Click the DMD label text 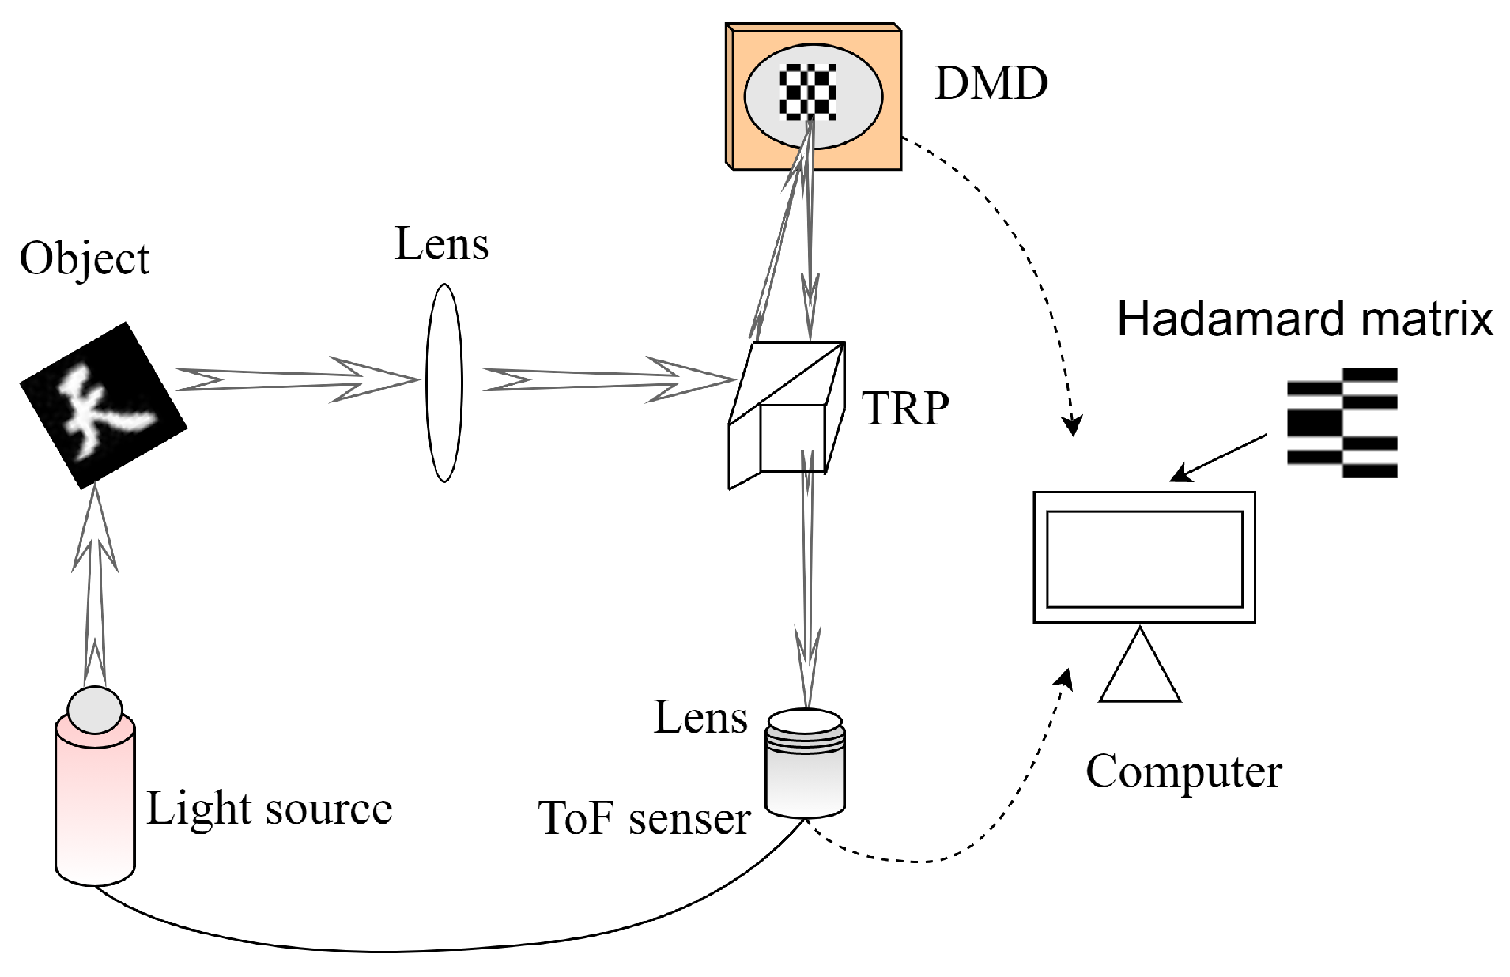(991, 83)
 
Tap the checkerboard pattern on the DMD (807, 92)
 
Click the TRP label (904, 409)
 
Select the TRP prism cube (787, 414)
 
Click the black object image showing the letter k (103, 405)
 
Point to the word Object (85, 258)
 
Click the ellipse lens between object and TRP (444, 383)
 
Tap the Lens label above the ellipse (441, 244)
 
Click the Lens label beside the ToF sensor (700, 719)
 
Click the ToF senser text (644, 818)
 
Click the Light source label (269, 809)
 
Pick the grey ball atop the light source (95, 709)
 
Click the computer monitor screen (1144, 558)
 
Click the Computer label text (1183, 771)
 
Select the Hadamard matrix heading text (1304, 319)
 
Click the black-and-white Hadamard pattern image (1342, 423)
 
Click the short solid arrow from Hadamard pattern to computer (1218, 458)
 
